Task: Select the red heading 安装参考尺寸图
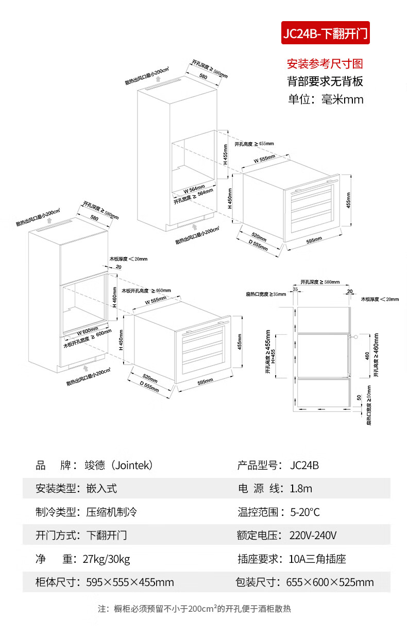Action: tap(325, 64)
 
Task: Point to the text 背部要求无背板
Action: tap(325, 81)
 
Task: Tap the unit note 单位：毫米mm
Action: tap(325, 99)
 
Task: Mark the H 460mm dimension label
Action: tap(114, 297)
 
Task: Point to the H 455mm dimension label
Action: tap(225, 154)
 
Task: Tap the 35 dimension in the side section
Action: tap(295, 290)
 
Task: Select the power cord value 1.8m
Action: tap(301, 489)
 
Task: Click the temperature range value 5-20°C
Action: tap(305, 512)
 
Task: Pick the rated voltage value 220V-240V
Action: tap(313, 536)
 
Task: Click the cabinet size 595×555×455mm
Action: tap(130, 582)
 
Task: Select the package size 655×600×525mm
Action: tap(330, 582)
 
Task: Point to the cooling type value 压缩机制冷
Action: tap(111, 512)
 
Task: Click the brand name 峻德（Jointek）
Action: tap(119, 466)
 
